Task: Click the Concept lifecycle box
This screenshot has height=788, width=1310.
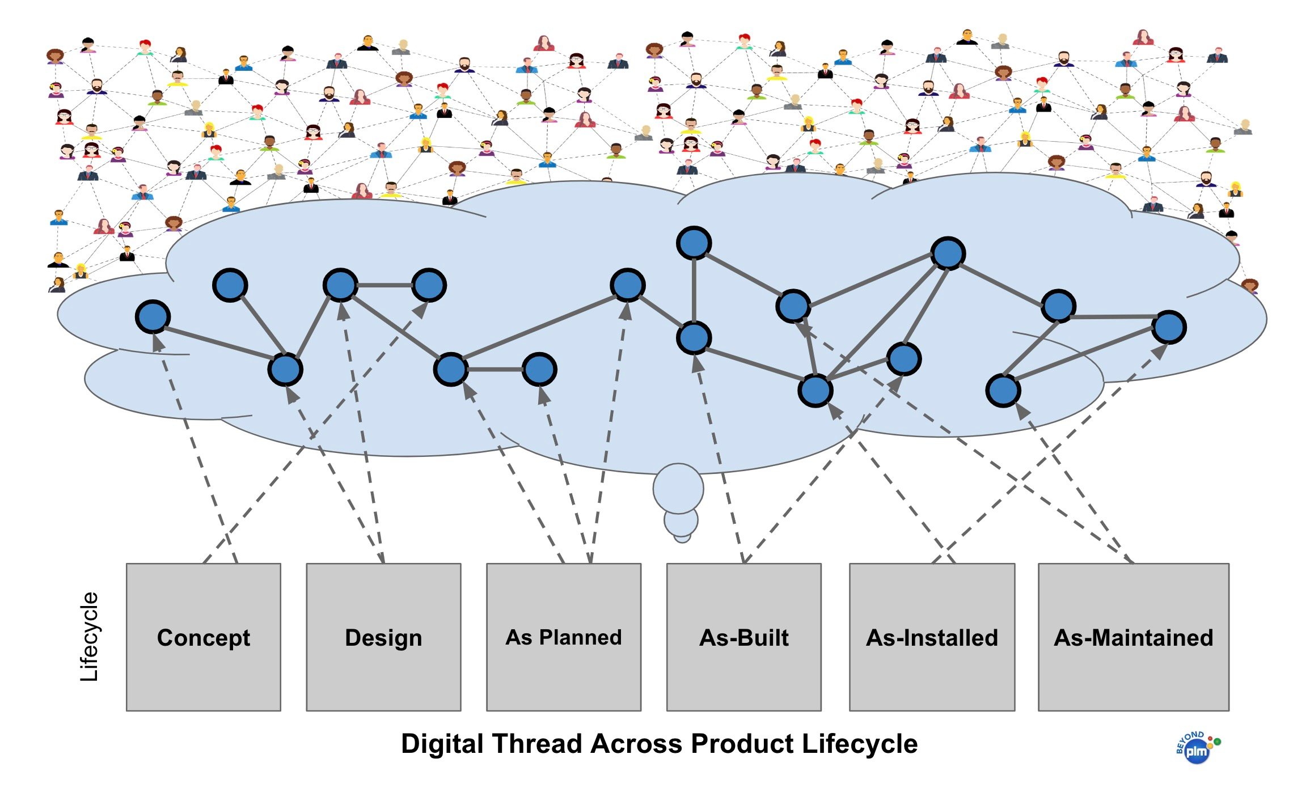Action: [x=204, y=637]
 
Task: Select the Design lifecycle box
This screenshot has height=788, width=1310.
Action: [x=384, y=637]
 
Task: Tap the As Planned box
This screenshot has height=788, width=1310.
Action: [x=564, y=637]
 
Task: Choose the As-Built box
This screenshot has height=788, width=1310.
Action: [x=744, y=637]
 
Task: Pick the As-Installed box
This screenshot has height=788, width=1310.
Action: [x=932, y=637]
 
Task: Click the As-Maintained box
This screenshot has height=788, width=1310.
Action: [x=1134, y=637]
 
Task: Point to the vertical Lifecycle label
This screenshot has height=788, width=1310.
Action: [x=89, y=637]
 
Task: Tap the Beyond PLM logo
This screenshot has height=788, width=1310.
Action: [x=1198, y=747]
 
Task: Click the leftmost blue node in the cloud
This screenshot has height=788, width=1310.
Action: [x=153, y=316]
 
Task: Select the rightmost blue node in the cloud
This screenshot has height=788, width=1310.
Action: [x=1169, y=327]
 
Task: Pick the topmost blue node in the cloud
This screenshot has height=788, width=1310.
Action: [x=694, y=243]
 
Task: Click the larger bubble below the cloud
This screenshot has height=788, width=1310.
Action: [x=678, y=489]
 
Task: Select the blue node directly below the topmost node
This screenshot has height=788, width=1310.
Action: [x=694, y=338]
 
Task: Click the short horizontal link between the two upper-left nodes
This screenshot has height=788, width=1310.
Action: [x=384, y=285]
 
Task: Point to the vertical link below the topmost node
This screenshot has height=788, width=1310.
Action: [x=694, y=290]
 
